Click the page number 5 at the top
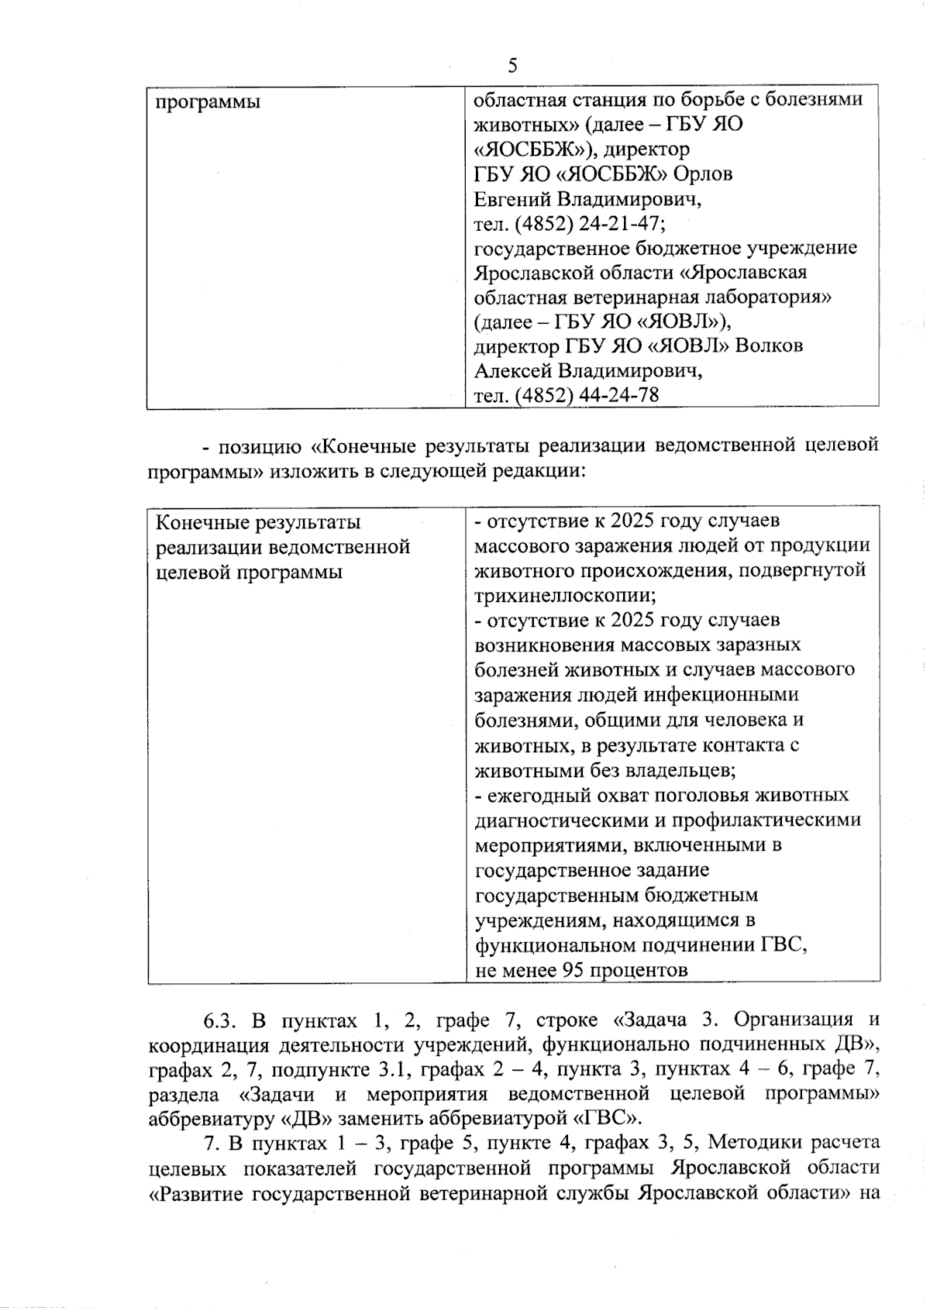(512, 66)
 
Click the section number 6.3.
(219, 1019)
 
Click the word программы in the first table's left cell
(208, 102)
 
